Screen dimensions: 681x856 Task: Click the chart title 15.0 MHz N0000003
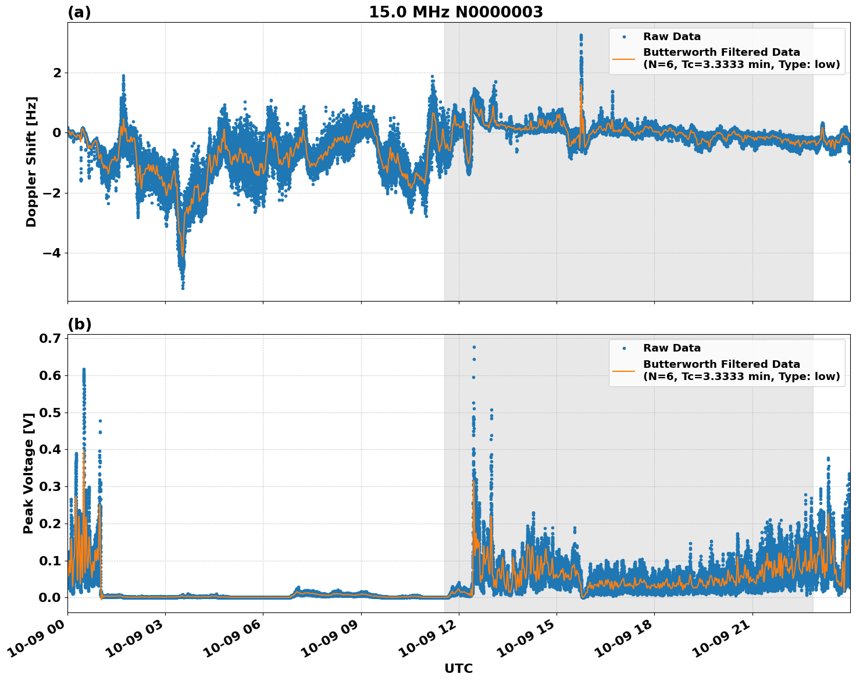click(x=456, y=12)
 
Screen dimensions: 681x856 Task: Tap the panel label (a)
click(x=79, y=12)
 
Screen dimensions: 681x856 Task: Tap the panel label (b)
click(x=79, y=324)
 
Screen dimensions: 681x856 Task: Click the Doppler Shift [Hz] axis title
click(x=31, y=162)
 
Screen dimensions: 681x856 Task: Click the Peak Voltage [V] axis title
click(x=28, y=472)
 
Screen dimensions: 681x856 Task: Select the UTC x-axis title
click(x=458, y=668)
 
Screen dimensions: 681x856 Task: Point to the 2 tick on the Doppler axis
click(x=57, y=73)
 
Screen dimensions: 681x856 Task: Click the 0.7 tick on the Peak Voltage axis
click(x=52, y=338)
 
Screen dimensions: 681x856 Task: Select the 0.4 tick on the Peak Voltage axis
click(x=52, y=449)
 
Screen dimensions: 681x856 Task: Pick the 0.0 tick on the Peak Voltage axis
click(x=52, y=597)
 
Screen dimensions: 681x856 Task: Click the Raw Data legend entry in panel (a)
click(x=672, y=37)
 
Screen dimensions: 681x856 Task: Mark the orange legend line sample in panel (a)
click(x=624, y=58)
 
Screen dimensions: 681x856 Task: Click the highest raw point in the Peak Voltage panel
click(x=474, y=347)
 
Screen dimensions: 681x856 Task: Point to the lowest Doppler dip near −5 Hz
click(x=183, y=287)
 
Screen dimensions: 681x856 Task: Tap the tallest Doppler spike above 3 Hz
click(x=581, y=35)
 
